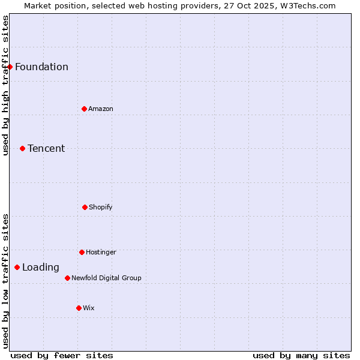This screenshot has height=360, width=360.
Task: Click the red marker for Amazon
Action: click(84, 109)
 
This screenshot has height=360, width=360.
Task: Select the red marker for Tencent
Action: click(22, 148)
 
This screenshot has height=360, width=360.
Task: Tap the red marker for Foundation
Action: click(10, 67)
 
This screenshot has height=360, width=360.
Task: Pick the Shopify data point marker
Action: click(85, 207)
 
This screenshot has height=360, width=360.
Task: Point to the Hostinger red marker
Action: click(82, 252)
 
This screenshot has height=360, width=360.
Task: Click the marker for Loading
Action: click(17, 267)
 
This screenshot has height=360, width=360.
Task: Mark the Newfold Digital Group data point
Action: click(67, 278)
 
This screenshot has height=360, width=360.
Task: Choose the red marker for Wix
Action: click(79, 308)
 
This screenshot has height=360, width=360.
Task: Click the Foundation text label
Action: click(41, 67)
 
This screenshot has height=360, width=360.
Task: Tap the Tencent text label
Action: click(46, 148)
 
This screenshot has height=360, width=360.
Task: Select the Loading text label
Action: click(41, 268)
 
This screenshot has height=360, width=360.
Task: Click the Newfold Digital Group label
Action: click(106, 278)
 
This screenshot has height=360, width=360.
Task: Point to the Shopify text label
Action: click(101, 207)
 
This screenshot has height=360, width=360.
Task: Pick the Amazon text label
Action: click(101, 109)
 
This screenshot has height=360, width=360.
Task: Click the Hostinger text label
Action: click(101, 252)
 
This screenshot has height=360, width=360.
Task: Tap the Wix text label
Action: click(89, 308)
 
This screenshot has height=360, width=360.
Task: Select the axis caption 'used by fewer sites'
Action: click(62, 355)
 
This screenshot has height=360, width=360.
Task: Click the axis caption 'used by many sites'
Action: click(301, 355)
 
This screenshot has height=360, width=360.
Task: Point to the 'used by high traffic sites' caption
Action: click(5, 85)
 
